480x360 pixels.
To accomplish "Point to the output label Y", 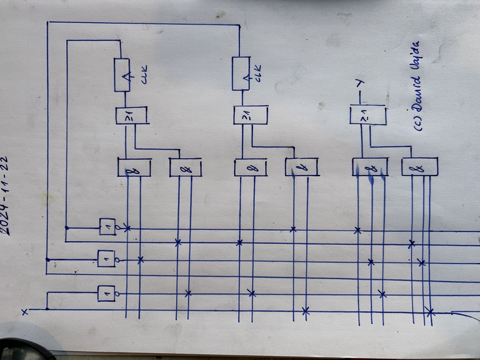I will pos(359,86).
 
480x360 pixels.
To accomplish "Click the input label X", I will pos(24,312).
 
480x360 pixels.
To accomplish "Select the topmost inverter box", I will pos(107,227).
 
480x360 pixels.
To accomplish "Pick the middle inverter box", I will pos(106,258).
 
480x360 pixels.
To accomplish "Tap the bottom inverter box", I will pos(106,293).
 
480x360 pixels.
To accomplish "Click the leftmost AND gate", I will pos(134,168).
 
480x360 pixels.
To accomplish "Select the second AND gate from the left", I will pos(185,168).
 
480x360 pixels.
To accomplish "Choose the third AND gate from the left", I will pos(250,168).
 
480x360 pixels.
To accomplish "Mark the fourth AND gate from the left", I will pos(301,168).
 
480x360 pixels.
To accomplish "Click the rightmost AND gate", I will pos(419,167).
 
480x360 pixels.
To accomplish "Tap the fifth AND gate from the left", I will pos(369,167).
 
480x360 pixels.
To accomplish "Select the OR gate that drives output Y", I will pos(365,115).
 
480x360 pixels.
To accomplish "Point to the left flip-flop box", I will pos(122,75).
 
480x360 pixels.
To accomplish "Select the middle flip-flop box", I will pos(241,73).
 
